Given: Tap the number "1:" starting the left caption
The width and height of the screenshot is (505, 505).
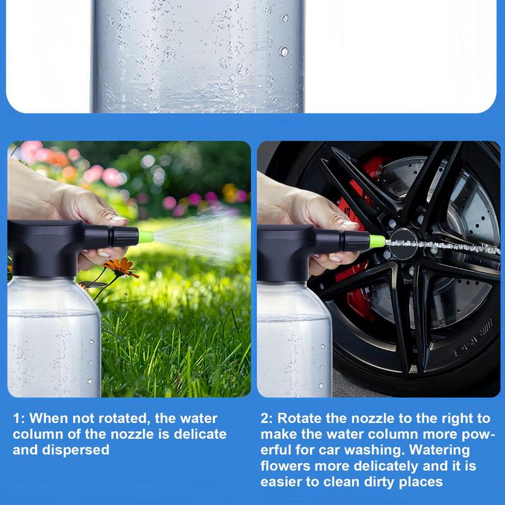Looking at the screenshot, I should click(x=20, y=418).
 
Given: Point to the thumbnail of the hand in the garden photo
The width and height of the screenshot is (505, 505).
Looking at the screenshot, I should click(x=118, y=220).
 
